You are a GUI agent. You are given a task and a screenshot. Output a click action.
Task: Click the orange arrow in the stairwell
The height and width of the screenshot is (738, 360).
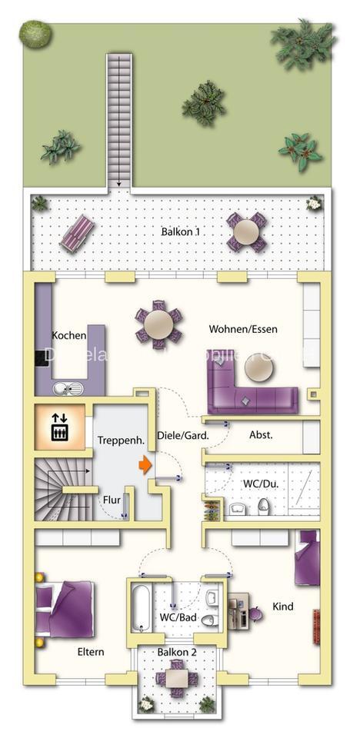click(x=145, y=464)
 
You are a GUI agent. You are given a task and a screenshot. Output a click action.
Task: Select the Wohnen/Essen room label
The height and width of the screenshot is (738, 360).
click(x=243, y=329)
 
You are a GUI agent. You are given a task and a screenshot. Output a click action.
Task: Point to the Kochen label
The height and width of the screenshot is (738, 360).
click(x=69, y=335)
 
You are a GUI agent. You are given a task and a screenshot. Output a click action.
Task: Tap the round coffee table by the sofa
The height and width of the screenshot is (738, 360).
click(x=258, y=371)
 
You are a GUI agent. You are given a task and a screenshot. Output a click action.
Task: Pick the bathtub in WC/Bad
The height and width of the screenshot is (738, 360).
click(x=142, y=607)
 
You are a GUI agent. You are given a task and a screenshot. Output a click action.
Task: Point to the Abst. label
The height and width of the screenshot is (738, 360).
click(x=261, y=434)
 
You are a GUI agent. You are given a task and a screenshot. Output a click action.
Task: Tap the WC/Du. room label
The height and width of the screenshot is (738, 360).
click(x=258, y=483)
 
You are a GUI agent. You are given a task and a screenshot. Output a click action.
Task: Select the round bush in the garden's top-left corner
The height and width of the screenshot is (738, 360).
click(x=35, y=33)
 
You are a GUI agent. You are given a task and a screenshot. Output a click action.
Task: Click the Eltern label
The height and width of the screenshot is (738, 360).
click(x=90, y=652)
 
